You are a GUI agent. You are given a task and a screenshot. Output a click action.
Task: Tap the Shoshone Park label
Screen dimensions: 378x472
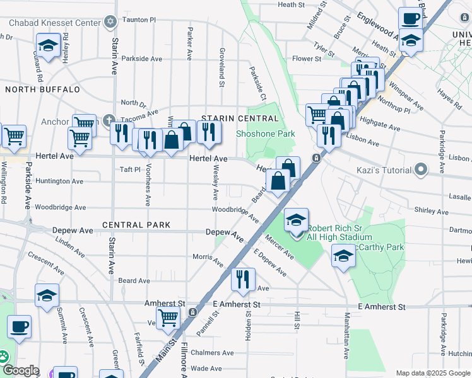266,134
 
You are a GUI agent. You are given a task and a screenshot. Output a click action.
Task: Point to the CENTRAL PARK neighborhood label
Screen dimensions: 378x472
136,225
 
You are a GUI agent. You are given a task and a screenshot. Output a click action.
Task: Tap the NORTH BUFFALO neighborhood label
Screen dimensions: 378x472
42,89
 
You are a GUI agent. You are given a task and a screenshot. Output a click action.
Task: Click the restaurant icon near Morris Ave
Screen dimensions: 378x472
243,279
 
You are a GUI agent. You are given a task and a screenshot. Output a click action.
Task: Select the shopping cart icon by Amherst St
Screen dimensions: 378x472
168,318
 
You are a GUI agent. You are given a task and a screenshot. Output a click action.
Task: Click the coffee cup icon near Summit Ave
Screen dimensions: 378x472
19,327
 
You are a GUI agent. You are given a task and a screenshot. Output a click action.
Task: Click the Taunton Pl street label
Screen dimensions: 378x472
139,20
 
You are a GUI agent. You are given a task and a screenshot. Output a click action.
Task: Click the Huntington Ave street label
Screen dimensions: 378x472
61,181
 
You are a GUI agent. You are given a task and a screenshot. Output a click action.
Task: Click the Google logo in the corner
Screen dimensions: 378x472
20,370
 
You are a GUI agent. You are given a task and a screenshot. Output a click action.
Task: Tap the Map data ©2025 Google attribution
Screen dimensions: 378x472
433,373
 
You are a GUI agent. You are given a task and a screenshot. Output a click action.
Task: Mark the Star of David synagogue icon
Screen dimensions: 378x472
111,22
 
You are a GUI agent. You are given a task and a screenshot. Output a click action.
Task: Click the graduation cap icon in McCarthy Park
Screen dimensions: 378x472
343,256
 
